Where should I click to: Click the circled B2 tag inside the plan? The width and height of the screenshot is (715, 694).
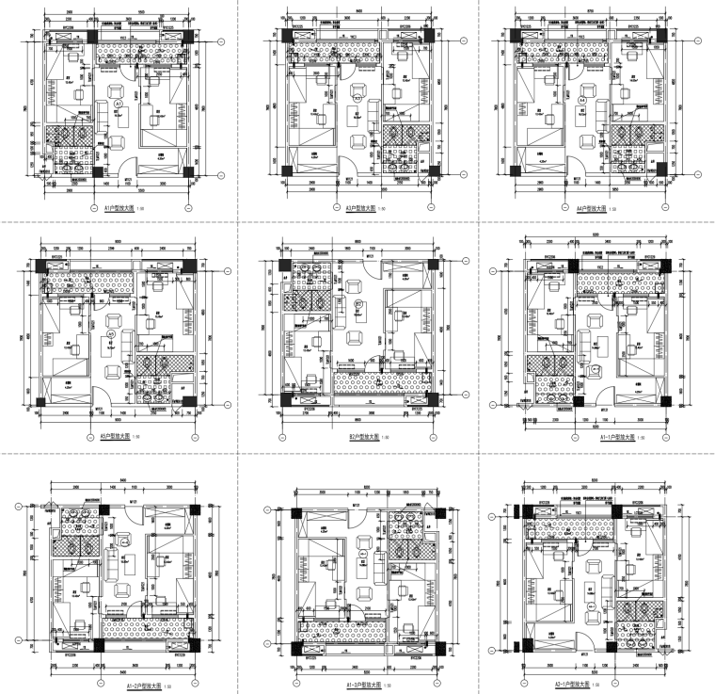click(358, 304)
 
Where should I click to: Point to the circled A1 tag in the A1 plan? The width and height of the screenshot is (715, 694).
click(119, 101)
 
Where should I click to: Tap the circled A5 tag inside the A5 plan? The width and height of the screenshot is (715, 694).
click(110, 333)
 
